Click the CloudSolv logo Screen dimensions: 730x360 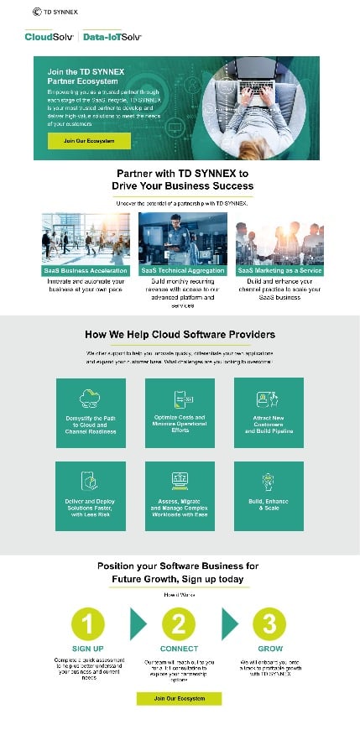(50, 37)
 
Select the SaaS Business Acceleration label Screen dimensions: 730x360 (87, 271)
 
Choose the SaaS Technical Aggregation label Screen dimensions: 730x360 (183, 271)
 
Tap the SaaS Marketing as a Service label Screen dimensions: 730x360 (279, 271)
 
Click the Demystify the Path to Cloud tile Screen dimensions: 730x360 (91, 413)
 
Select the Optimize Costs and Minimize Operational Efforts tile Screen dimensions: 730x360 (180, 413)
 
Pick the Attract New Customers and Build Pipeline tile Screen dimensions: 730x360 (269, 413)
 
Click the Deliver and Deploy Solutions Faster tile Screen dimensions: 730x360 (91, 495)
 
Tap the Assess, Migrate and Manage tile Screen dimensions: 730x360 (180, 495)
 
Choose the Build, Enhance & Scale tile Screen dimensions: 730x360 (269, 495)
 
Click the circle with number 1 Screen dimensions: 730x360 (88, 623)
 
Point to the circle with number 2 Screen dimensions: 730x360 (179, 623)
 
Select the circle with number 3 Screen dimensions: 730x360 (269, 623)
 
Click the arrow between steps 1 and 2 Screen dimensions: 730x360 (137, 623)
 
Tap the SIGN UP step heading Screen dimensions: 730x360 (88, 649)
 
